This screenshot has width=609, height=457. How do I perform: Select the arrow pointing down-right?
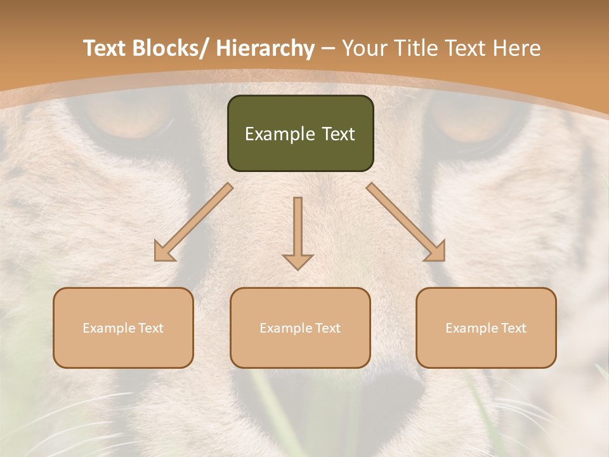coord(407,222)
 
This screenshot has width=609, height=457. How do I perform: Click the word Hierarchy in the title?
coord(265,48)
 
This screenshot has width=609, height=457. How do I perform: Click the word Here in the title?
coord(517,48)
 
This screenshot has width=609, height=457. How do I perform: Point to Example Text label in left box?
coord(123,328)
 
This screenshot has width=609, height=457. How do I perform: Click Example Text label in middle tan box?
coord(300,328)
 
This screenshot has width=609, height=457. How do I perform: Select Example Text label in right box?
coord(486,328)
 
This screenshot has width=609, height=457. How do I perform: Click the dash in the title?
coord(328,48)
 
